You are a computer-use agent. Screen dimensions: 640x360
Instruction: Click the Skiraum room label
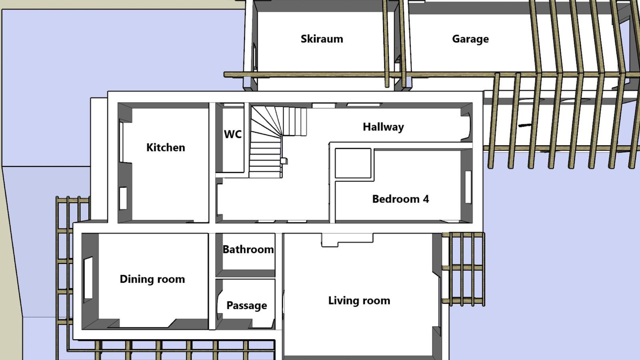coord(322,39)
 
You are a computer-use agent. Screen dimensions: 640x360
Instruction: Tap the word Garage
coord(470,39)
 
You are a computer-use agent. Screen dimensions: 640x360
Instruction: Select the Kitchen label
coord(166,148)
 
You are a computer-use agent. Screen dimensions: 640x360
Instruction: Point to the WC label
coord(232,134)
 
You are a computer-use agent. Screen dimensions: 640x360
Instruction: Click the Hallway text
coord(383,127)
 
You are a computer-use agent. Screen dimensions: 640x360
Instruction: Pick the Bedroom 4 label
coord(400,199)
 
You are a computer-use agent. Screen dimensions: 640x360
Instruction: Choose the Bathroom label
coord(248,250)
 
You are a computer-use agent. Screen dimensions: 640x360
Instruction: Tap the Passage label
coord(246,306)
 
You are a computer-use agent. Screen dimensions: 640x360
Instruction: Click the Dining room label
coord(152,279)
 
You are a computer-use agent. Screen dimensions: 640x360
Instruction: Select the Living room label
coord(359,300)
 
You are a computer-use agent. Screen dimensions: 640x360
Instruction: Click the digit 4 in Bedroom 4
coord(426,199)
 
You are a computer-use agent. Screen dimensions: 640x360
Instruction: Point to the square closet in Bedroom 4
coord(353,163)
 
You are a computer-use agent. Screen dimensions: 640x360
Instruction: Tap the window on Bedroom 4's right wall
coord(468,187)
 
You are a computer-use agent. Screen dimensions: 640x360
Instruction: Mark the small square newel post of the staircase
coord(284,161)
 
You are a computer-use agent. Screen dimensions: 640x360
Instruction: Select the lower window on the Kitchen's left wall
coord(123,198)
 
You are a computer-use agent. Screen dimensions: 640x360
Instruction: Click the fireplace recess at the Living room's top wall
coord(347,240)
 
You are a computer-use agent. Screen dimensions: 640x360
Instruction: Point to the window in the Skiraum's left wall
coord(254,57)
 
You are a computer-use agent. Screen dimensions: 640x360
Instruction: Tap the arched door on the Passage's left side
coord(219,306)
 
